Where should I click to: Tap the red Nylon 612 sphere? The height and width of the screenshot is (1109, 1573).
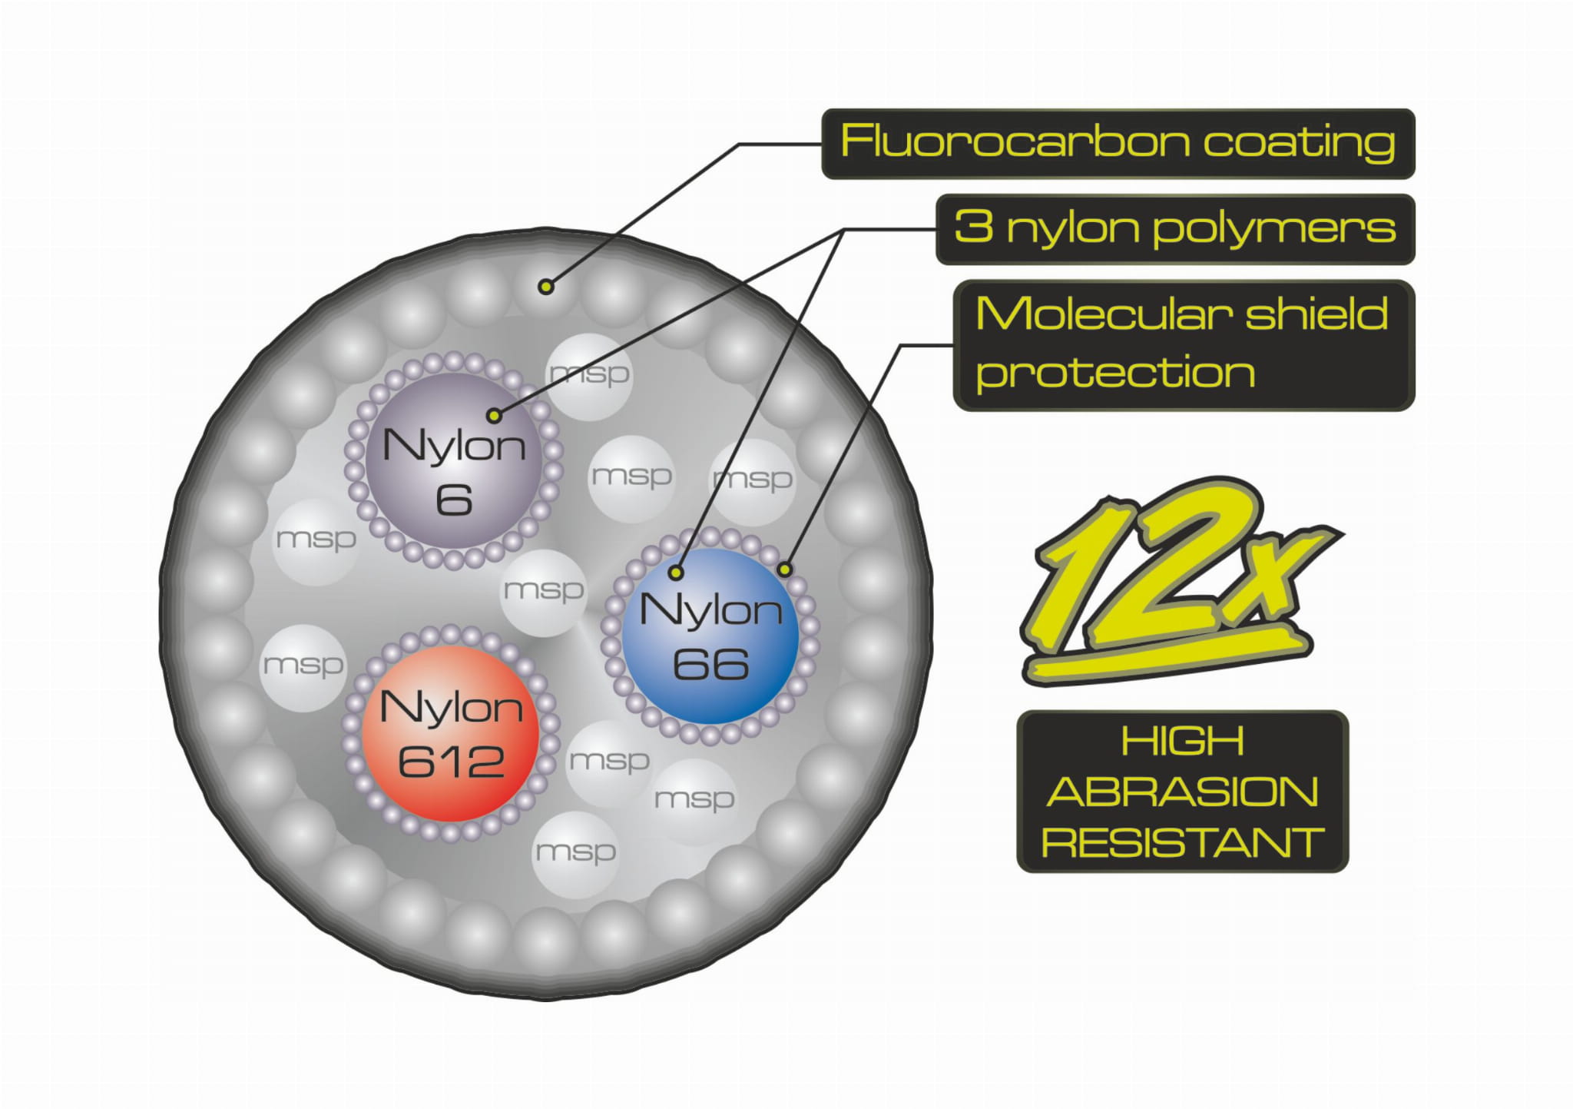(x=451, y=734)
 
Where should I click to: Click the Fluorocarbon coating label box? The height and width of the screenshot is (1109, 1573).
(x=1118, y=144)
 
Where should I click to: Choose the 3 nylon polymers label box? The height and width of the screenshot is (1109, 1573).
(x=1174, y=229)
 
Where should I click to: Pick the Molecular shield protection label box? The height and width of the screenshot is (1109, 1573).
(x=1183, y=345)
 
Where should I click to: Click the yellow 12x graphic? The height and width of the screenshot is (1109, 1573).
(x=1175, y=580)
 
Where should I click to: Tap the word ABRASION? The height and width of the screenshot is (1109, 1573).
(x=1182, y=792)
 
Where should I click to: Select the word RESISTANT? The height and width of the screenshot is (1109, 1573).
(x=1182, y=843)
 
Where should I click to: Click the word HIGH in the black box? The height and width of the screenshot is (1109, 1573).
(x=1182, y=742)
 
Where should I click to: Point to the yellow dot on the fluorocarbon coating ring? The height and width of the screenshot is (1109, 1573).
(x=545, y=287)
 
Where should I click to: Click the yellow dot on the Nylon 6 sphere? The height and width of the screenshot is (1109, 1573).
(x=494, y=416)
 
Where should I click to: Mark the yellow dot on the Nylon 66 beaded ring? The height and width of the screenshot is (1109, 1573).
(x=784, y=569)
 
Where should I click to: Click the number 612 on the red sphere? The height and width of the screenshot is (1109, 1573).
(x=451, y=762)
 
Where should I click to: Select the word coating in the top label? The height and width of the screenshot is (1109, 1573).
(x=1299, y=144)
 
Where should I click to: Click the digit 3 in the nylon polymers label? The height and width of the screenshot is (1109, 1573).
(x=974, y=227)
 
